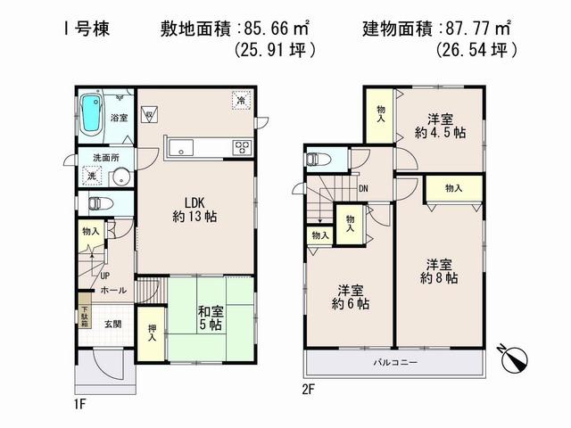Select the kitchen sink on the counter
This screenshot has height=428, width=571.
(182, 148)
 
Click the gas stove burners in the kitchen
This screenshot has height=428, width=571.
(242, 148)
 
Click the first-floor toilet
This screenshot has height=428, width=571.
(99, 203)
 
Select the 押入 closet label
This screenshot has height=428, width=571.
(152, 333)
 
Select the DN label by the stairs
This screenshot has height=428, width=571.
(363, 188)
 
